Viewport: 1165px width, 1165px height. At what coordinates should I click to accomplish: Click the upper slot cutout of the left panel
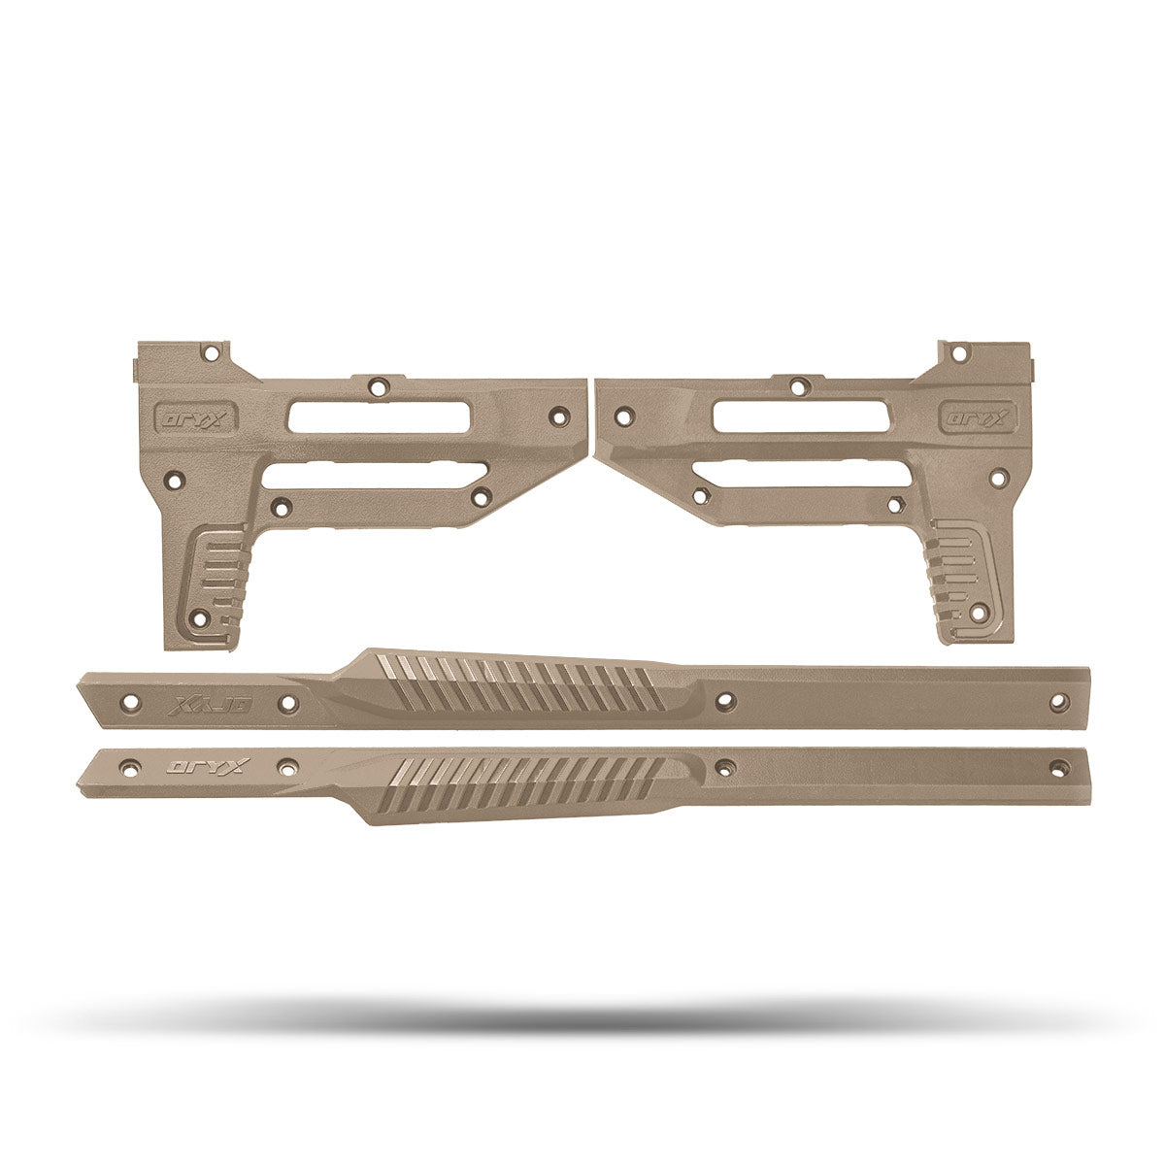point(380,417)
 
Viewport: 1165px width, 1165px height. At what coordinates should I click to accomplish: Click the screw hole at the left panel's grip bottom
point(200,617)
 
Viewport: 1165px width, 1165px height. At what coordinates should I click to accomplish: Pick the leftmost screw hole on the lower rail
point(125,766)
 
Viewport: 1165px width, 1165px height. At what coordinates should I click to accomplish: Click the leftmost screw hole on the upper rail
point(125,699)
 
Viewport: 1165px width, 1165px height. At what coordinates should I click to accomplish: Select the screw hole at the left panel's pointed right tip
point(557,415)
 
